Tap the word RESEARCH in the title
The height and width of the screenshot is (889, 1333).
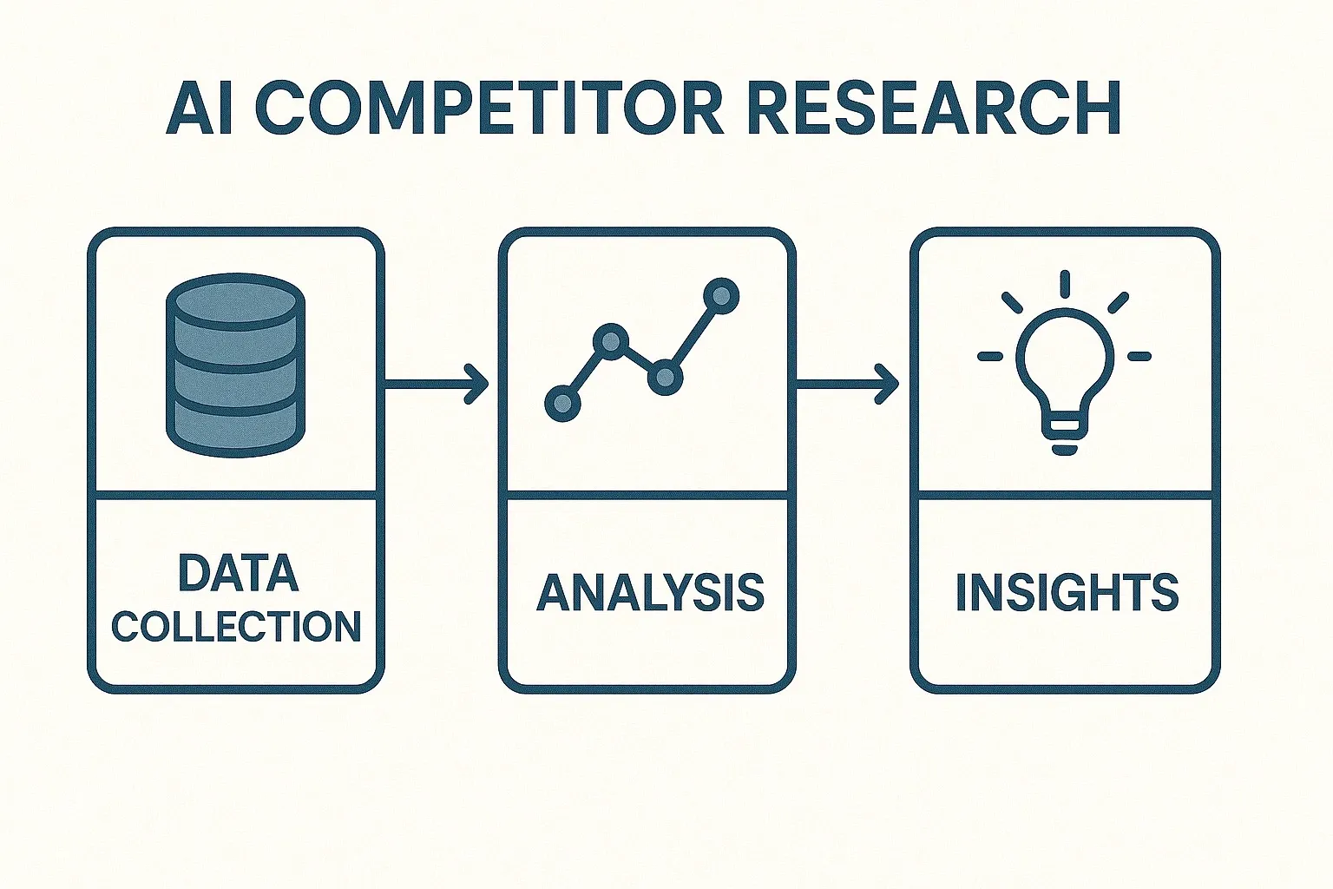(x=934, y=109)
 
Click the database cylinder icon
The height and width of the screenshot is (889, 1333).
(x=235, y=365)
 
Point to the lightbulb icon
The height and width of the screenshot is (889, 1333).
(x=1065, y=369)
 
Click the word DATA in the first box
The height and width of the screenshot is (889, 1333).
(x=237, y=573)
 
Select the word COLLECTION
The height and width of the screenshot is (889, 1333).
(x=236, y=626)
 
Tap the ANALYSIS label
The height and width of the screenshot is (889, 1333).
(x=650, y=593)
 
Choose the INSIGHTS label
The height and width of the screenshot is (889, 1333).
(x=1067, y=593)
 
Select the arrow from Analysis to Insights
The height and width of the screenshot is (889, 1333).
(x=847, y=383)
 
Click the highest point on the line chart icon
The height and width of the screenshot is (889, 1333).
(x=720, y=296)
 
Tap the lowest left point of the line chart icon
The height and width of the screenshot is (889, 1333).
(x=562, y=403)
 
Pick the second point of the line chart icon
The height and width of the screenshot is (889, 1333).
(x=611, y=341)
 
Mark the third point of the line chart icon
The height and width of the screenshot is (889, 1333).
(x=665, y=376)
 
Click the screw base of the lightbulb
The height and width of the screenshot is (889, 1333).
(x=1065, y=433)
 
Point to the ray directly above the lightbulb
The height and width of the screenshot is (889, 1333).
(x=1065, y=283)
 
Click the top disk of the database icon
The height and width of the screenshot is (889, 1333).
(x=235, y=298)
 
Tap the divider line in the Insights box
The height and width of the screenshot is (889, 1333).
(x=1065, y=496)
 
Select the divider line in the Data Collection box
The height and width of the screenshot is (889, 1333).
(x=236, y=496)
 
